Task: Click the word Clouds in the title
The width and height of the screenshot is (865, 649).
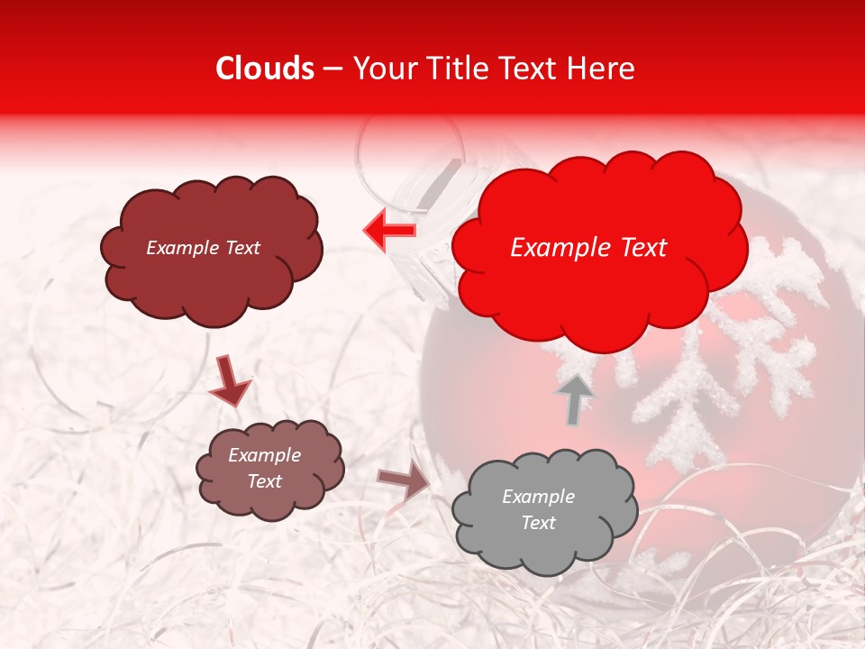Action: click(265, 69)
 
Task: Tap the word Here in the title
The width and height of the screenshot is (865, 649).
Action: click(602, 69)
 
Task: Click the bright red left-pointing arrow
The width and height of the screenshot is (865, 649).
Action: click(390, 230)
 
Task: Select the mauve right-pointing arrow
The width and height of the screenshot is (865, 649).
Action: click(404, 483)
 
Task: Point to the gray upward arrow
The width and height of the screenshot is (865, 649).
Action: click(574, 399)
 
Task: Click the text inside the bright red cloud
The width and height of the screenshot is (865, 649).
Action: click(588, 248)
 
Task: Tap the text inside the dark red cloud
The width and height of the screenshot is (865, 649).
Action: click(203, 248)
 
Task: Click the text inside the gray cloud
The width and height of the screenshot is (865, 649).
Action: click(538, 509)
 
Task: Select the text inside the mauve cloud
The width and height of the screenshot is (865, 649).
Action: click(264, 468)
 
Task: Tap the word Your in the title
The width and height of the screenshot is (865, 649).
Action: click(384, 69)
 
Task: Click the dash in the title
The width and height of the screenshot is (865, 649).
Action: click(332, 69)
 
